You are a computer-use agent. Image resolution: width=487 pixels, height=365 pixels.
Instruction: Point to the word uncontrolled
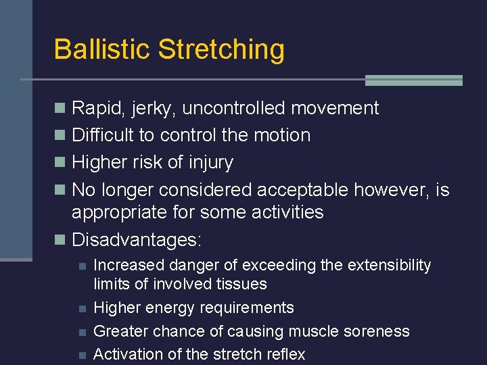[x=235, y=108]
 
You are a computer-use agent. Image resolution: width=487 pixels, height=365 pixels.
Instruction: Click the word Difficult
[x=103, y=135]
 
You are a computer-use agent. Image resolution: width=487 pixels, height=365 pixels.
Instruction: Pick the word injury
[x=211, y=163]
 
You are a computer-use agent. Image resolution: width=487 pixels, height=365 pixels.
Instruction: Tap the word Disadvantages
[x=136, y=240]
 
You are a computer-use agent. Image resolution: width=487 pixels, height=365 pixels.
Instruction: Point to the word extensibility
[x=389, y=265]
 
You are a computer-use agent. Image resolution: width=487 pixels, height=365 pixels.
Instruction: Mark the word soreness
[x=375, y=331]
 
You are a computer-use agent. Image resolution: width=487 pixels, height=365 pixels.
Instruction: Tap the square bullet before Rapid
[x=60, y=108]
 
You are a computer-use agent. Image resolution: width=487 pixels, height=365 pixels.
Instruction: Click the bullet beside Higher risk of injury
[x=60, y=163]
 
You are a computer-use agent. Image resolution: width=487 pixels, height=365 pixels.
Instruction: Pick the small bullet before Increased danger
[x=82, y=266]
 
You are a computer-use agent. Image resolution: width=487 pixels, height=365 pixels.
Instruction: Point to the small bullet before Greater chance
[x=82, y=331]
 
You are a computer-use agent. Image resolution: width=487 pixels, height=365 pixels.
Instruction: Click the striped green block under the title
[x=413, y=80]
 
